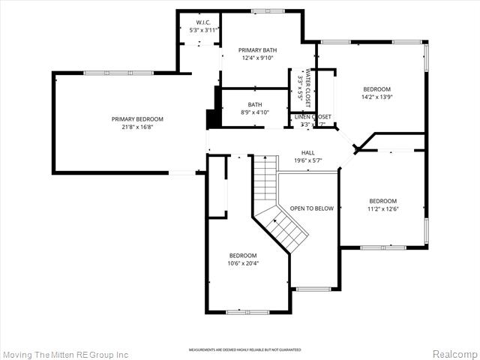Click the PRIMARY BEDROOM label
point(137,119)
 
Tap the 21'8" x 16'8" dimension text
point(137,127)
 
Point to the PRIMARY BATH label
point(258,49)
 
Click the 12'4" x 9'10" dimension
point(258,58)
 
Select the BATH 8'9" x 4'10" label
point(255,108)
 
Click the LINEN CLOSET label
point(312,117)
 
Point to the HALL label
point(307,152)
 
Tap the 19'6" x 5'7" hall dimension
point(307,160)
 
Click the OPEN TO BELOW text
point(311,208)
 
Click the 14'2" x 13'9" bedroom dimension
point(377,97)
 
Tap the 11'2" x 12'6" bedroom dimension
point(382,209)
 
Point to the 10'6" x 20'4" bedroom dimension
point(243,263)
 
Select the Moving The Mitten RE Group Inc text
point(65,354)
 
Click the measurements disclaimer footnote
point(244,349)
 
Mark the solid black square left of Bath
point(212,118)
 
